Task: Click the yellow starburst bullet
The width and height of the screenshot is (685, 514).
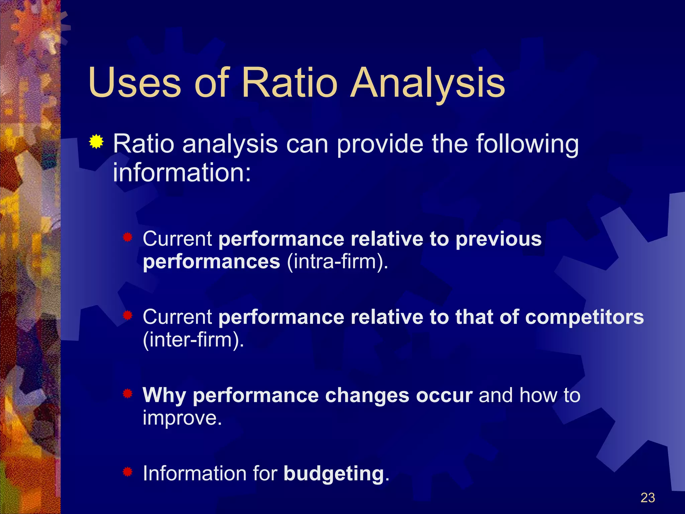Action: coord(96,142)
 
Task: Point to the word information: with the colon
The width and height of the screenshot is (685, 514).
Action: coord(182,173)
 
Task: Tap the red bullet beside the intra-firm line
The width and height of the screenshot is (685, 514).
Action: coord(127,238)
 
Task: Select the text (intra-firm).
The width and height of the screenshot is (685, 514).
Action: coord(337,262)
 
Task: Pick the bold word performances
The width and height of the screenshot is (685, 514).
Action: coord(211,262)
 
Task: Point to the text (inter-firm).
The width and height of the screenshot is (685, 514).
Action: coord(193,340)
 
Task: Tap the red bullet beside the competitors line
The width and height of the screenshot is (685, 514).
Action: coord(127,316)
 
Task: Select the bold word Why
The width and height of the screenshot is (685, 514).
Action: coord(164,395)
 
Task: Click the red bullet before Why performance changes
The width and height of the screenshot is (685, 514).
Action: coord(127,394)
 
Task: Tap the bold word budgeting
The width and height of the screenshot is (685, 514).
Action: coord(333,474)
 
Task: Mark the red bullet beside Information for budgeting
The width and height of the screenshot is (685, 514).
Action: coord(127,472)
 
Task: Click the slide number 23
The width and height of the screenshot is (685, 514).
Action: coord(648,498)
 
